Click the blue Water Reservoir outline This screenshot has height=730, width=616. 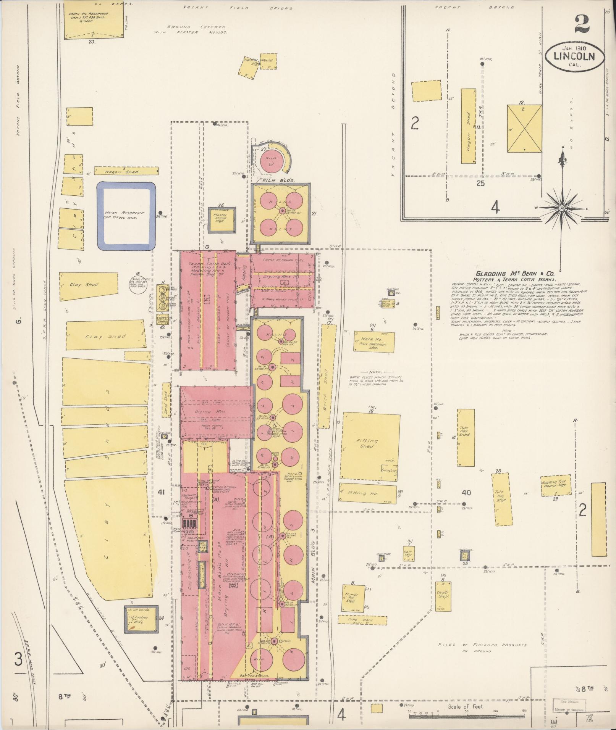coord(126,216)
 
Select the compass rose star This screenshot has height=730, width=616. coord(562,208)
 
